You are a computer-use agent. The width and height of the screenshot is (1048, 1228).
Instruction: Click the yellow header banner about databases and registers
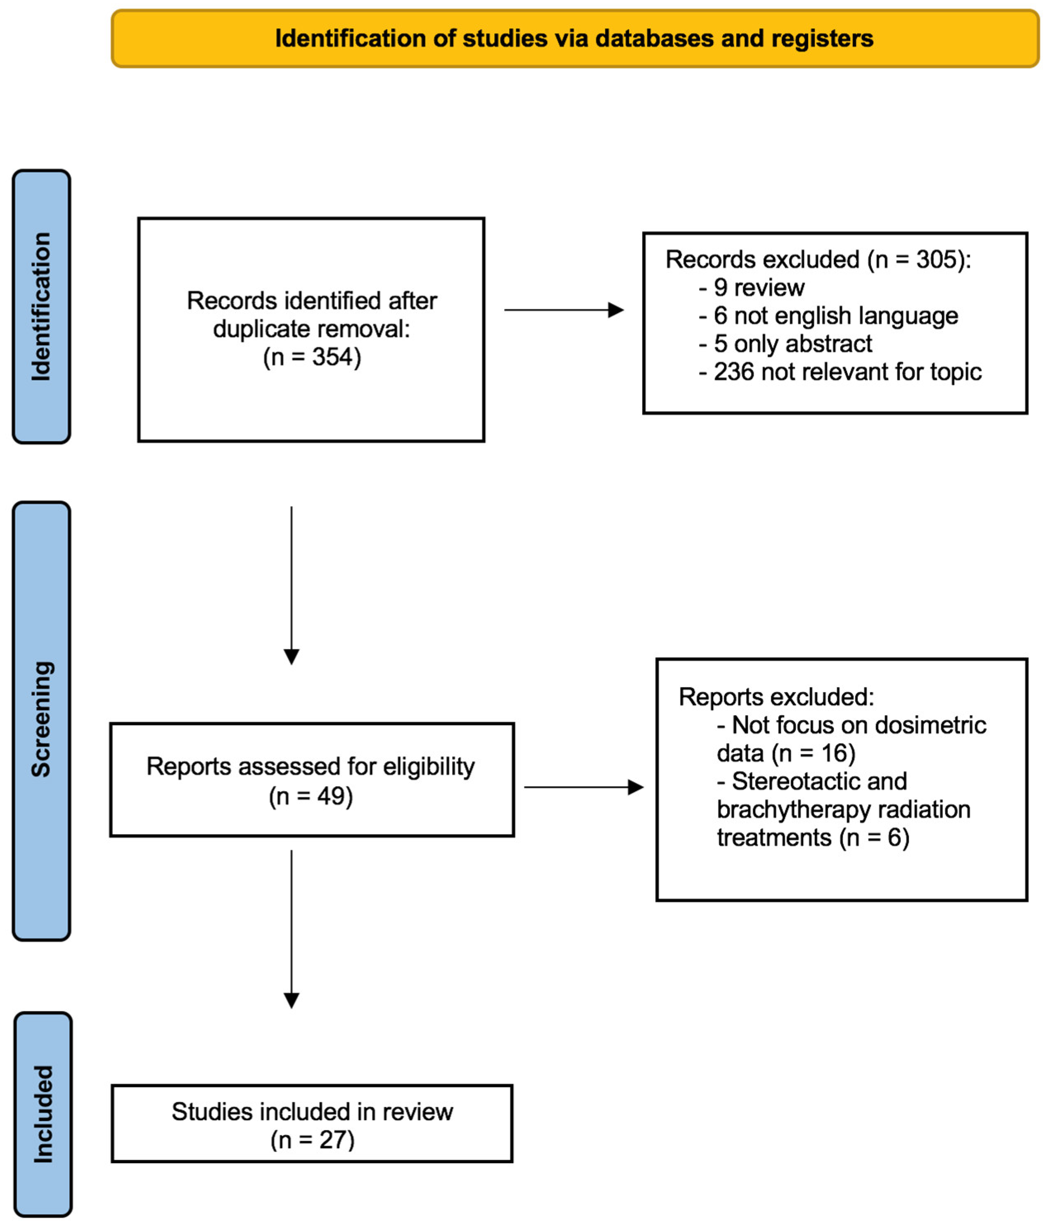pyautogui.click(x=574, y=38)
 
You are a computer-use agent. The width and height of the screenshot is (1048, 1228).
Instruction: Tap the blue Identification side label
pyautogui.click(x=41, y=306)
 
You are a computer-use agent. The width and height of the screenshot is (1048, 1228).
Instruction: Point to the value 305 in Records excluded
pyautogui.click(x=936, y=260)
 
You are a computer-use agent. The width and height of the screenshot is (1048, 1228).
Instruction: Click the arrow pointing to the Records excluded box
pyautogui.click(x=563, y=310)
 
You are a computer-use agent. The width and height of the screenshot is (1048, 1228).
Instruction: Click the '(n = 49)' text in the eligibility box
pyautogui.click(x=311, y=796)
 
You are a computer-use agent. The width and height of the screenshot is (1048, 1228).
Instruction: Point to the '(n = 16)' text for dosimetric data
pyautogui.click(x=813, y=753)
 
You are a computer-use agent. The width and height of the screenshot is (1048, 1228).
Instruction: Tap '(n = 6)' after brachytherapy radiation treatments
pyautogui.click(x=874, y=838)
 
